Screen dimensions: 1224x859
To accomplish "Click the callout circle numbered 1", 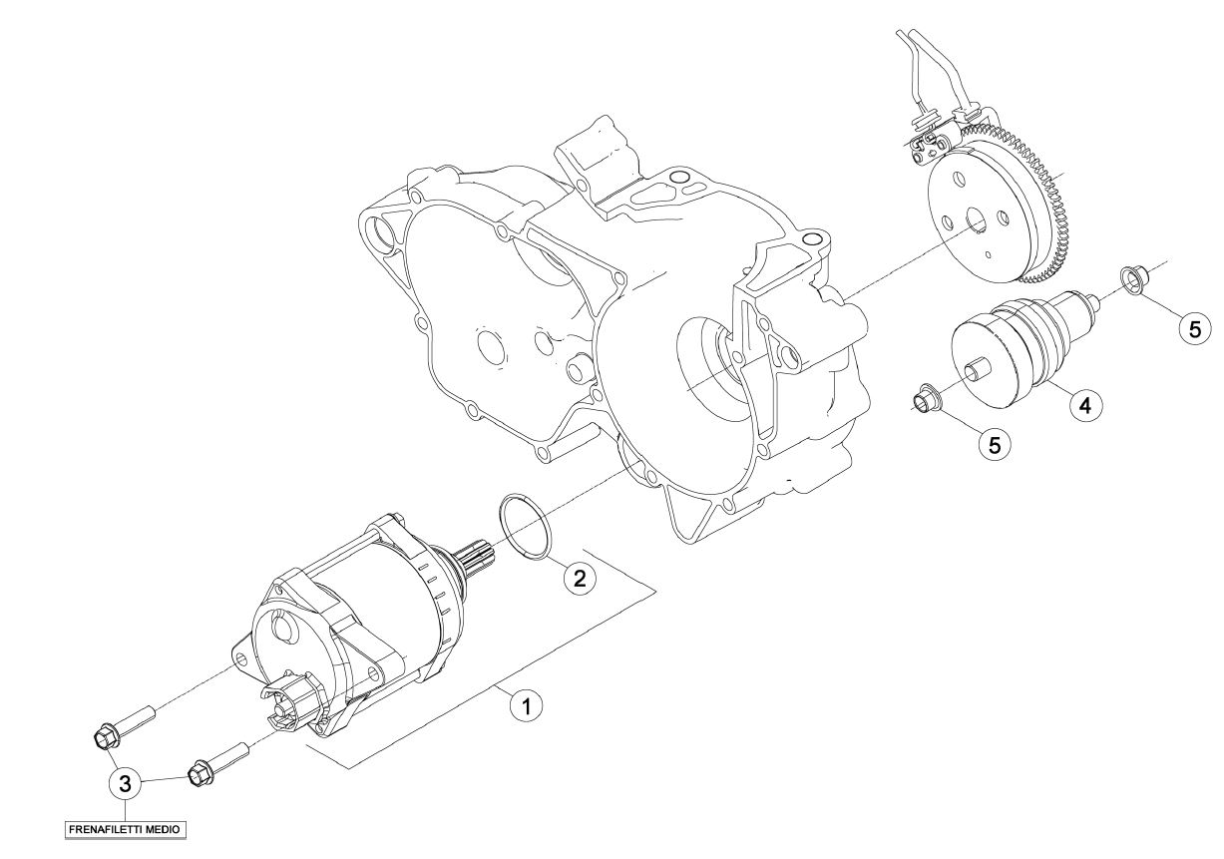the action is pyautogui.click(x=526, y=705).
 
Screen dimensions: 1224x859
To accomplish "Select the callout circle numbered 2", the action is pyautogui.click(x=580, y=577).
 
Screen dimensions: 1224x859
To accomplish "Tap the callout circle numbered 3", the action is pyautogui.click(x=126, y=783).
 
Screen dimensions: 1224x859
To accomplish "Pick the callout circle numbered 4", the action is pyautogui.click(x=1085, y=405).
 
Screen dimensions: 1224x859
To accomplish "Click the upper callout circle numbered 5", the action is pyautogui.click(x=1195, y=329).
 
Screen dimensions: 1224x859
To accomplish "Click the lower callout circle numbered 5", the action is pyautogui.click(x=995, y=444).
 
